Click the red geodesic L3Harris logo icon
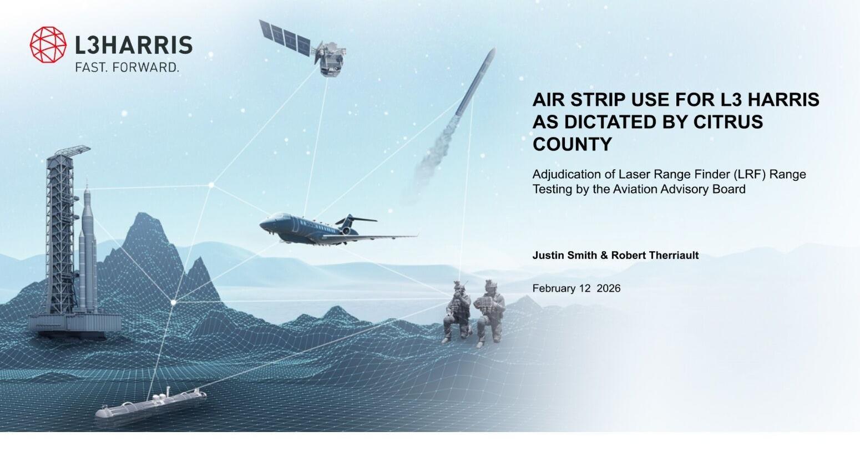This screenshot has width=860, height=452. [48, 44]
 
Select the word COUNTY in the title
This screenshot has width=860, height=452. [571, 144]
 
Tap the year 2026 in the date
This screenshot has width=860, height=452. [609, 288]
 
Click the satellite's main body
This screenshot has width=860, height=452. [330, 59]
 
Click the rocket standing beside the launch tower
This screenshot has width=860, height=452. [88, 250]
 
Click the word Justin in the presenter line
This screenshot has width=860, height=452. [545, 255]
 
